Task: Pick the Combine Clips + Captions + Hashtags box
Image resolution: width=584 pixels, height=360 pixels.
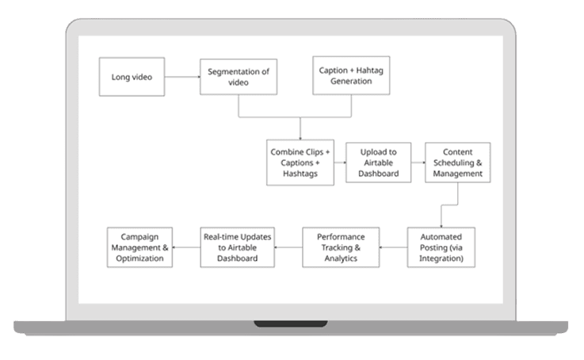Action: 300,163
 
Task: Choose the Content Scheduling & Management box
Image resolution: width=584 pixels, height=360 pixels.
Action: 457,163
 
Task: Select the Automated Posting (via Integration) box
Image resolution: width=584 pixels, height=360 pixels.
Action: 441,247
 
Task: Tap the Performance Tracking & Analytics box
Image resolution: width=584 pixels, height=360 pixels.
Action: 341,247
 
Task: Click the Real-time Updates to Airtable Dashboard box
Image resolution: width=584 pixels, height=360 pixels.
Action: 236,247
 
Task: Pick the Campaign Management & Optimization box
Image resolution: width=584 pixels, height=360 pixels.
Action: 139,247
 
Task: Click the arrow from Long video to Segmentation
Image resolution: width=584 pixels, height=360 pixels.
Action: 176,77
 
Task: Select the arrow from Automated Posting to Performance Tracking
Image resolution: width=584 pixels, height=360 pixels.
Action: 393,247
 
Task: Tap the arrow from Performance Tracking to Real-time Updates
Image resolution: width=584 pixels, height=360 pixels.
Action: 288,247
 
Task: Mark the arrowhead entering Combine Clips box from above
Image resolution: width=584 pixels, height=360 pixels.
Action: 300,136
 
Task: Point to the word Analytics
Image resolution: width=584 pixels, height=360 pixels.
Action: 342,258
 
